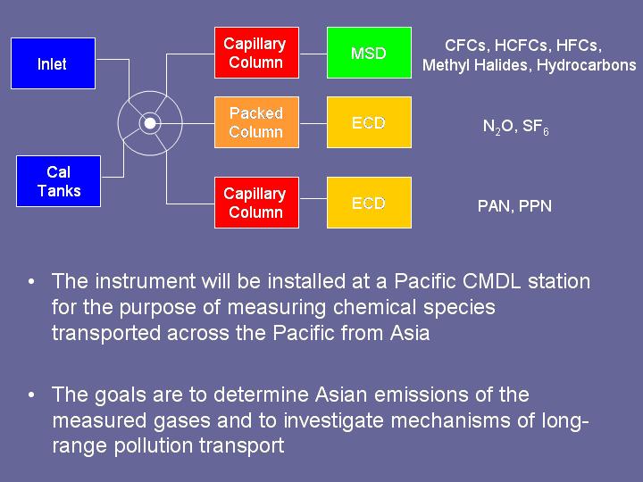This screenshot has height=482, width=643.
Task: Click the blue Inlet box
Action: (x=54, y=63)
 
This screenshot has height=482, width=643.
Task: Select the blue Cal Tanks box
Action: (x=58, y=181)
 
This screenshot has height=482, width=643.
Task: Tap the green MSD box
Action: (x=369, y=53)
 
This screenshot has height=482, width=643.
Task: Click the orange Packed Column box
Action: (x=256, y=122)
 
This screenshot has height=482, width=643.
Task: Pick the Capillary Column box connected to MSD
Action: (x=256, y=53)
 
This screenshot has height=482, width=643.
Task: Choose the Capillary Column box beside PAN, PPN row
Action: (x=256, y=203)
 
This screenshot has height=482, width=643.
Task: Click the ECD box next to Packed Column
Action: (x=369, y=122)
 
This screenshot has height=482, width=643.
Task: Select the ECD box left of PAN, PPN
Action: (x=369, y=203)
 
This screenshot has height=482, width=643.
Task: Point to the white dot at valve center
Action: (x=150, y=123)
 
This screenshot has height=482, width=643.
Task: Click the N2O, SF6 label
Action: (x=515, y=127)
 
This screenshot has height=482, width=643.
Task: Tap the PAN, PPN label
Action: (x=514, y=206)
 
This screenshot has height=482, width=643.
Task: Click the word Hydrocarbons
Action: (x=587, y=65)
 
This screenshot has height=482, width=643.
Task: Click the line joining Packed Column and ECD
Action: (x=313, y=123)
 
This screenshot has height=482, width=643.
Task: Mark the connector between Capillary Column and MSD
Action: (x=313, y=54)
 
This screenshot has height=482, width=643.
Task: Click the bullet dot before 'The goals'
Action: (x=31, y=395)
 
